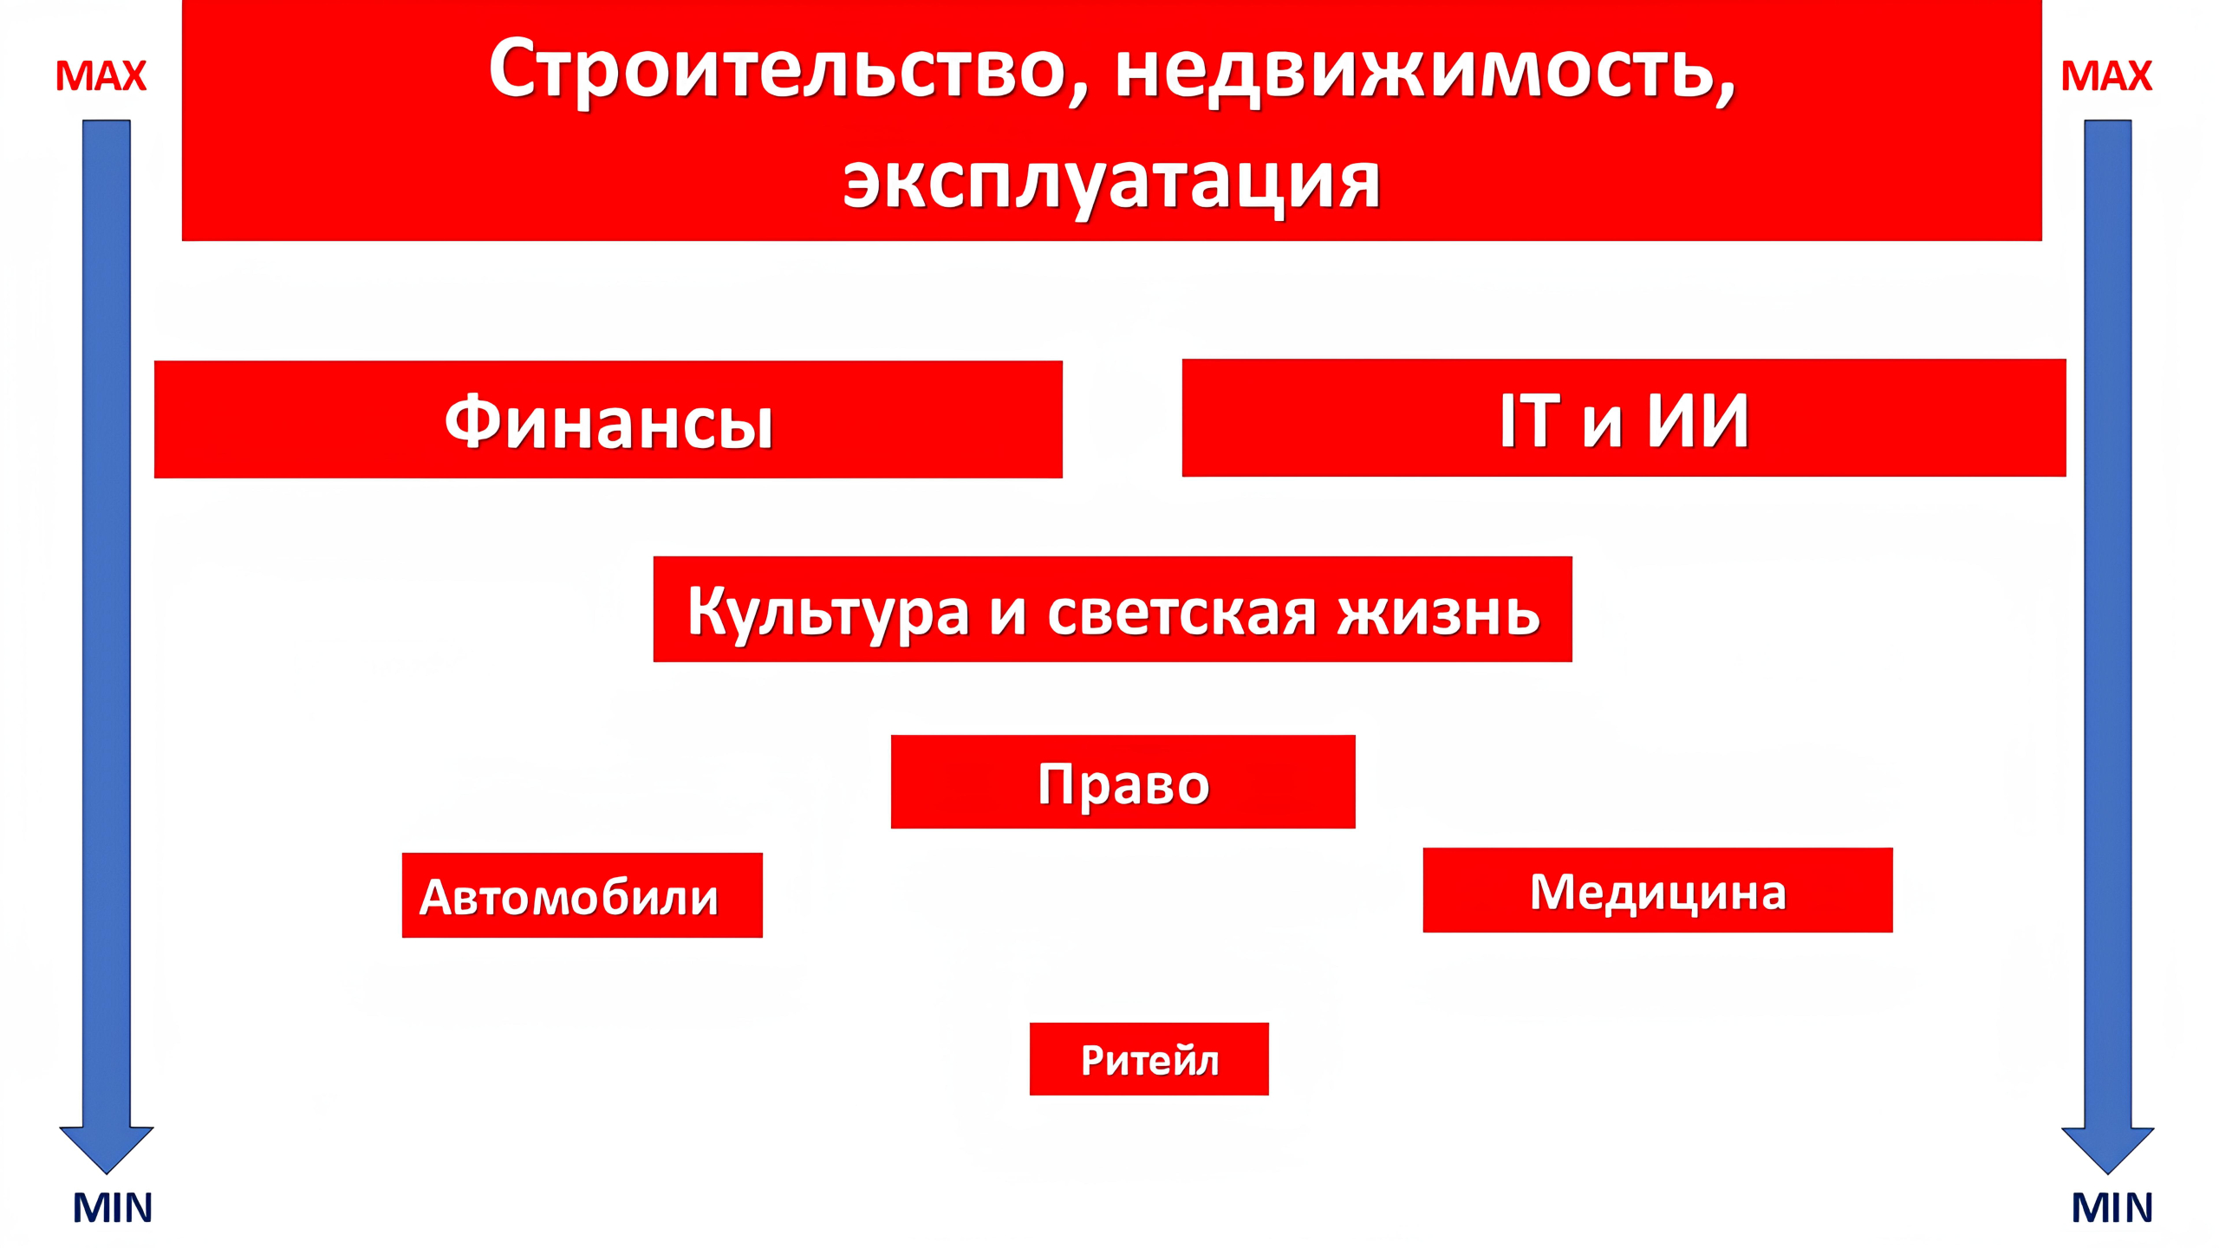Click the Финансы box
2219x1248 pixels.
[x=608, y=420]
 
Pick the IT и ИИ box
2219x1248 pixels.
[x=1624, y=419]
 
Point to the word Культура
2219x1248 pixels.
[x=828, y=612]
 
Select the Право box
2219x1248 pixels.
[x=1123, y=783]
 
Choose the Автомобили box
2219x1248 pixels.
[x=582, y=895]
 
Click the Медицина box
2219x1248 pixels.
[x=1657, y=891]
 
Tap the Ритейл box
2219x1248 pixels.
[x=1149, y=1059]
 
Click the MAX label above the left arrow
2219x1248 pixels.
[x=101, y=76]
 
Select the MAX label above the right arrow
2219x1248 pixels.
[x=2106, y=76]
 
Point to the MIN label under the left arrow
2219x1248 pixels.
[x=112, y=1207]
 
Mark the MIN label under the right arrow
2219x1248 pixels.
[x=2112, y=1207]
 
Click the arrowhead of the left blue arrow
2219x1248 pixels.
[x=107, y=1148]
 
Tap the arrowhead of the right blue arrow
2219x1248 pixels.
[x=2107, y=1148]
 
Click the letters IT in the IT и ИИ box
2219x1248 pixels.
[x=1530, y=420]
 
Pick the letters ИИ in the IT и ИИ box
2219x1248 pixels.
[x=1697, y=420]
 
